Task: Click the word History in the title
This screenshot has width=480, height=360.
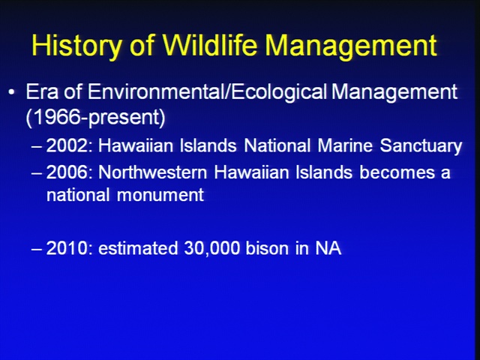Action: [76, 46]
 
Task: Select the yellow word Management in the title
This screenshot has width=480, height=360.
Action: [351, 46]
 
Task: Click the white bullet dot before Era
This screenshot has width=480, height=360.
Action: [12, 91]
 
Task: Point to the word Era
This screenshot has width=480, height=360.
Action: [42, 91]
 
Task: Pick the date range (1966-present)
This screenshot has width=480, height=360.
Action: [95, 117]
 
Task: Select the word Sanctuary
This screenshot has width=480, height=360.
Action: [421, 146]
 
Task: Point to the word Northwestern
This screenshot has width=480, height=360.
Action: [152, 172]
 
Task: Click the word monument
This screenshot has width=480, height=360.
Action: [160, 195]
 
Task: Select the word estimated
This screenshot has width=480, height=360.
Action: [138, 248]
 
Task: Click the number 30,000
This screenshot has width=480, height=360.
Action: [211, 248]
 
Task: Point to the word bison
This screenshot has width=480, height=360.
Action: [267, 248]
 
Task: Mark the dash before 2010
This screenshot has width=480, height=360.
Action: [36, 249]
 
